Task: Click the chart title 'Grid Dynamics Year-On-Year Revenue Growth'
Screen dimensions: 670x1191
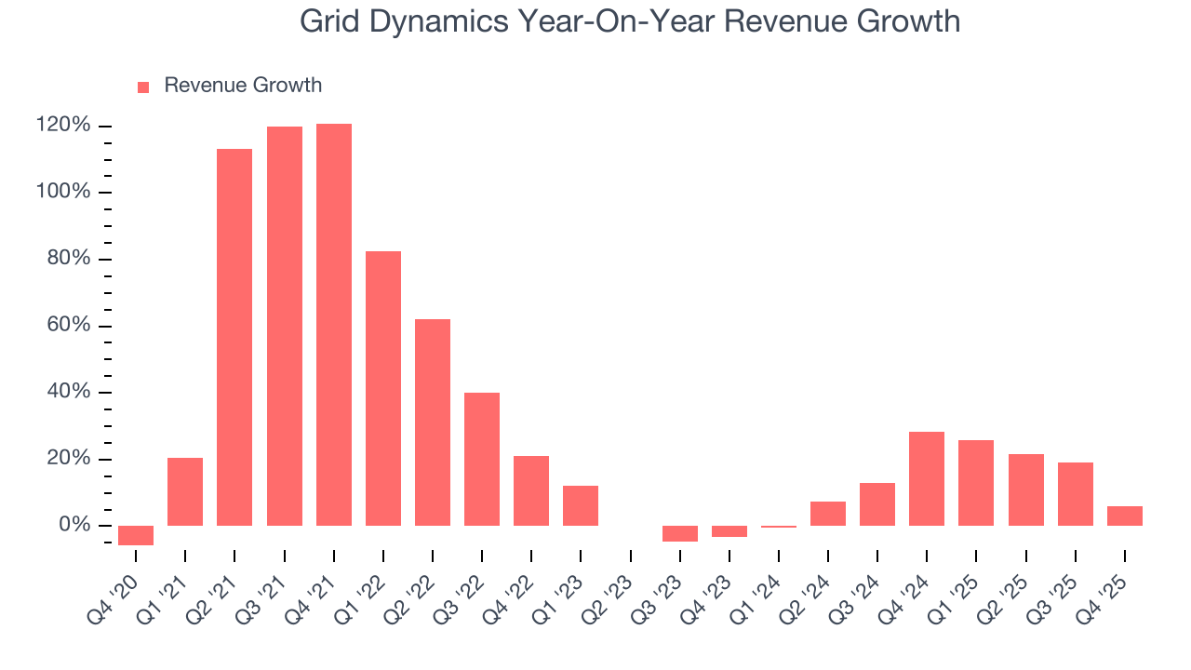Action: pos(630,21)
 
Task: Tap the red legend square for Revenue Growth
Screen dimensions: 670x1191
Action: pos(143,87)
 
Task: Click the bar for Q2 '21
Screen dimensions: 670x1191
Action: pos(234,337)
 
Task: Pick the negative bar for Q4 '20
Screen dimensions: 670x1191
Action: pos(136,535)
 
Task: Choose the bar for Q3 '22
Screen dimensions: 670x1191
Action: pos(482,459)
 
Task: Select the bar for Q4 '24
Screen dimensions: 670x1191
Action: pos(927,478)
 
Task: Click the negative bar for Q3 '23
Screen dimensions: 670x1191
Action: pos(680,533)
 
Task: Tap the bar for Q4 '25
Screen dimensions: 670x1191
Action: pos(1124,516)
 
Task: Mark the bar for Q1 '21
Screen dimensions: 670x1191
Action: pos(185,491)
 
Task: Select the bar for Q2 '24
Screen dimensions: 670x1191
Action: pos(828,514)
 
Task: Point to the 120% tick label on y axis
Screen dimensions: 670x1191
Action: pos(63,126)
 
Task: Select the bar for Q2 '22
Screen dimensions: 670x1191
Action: pos(433,422)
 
